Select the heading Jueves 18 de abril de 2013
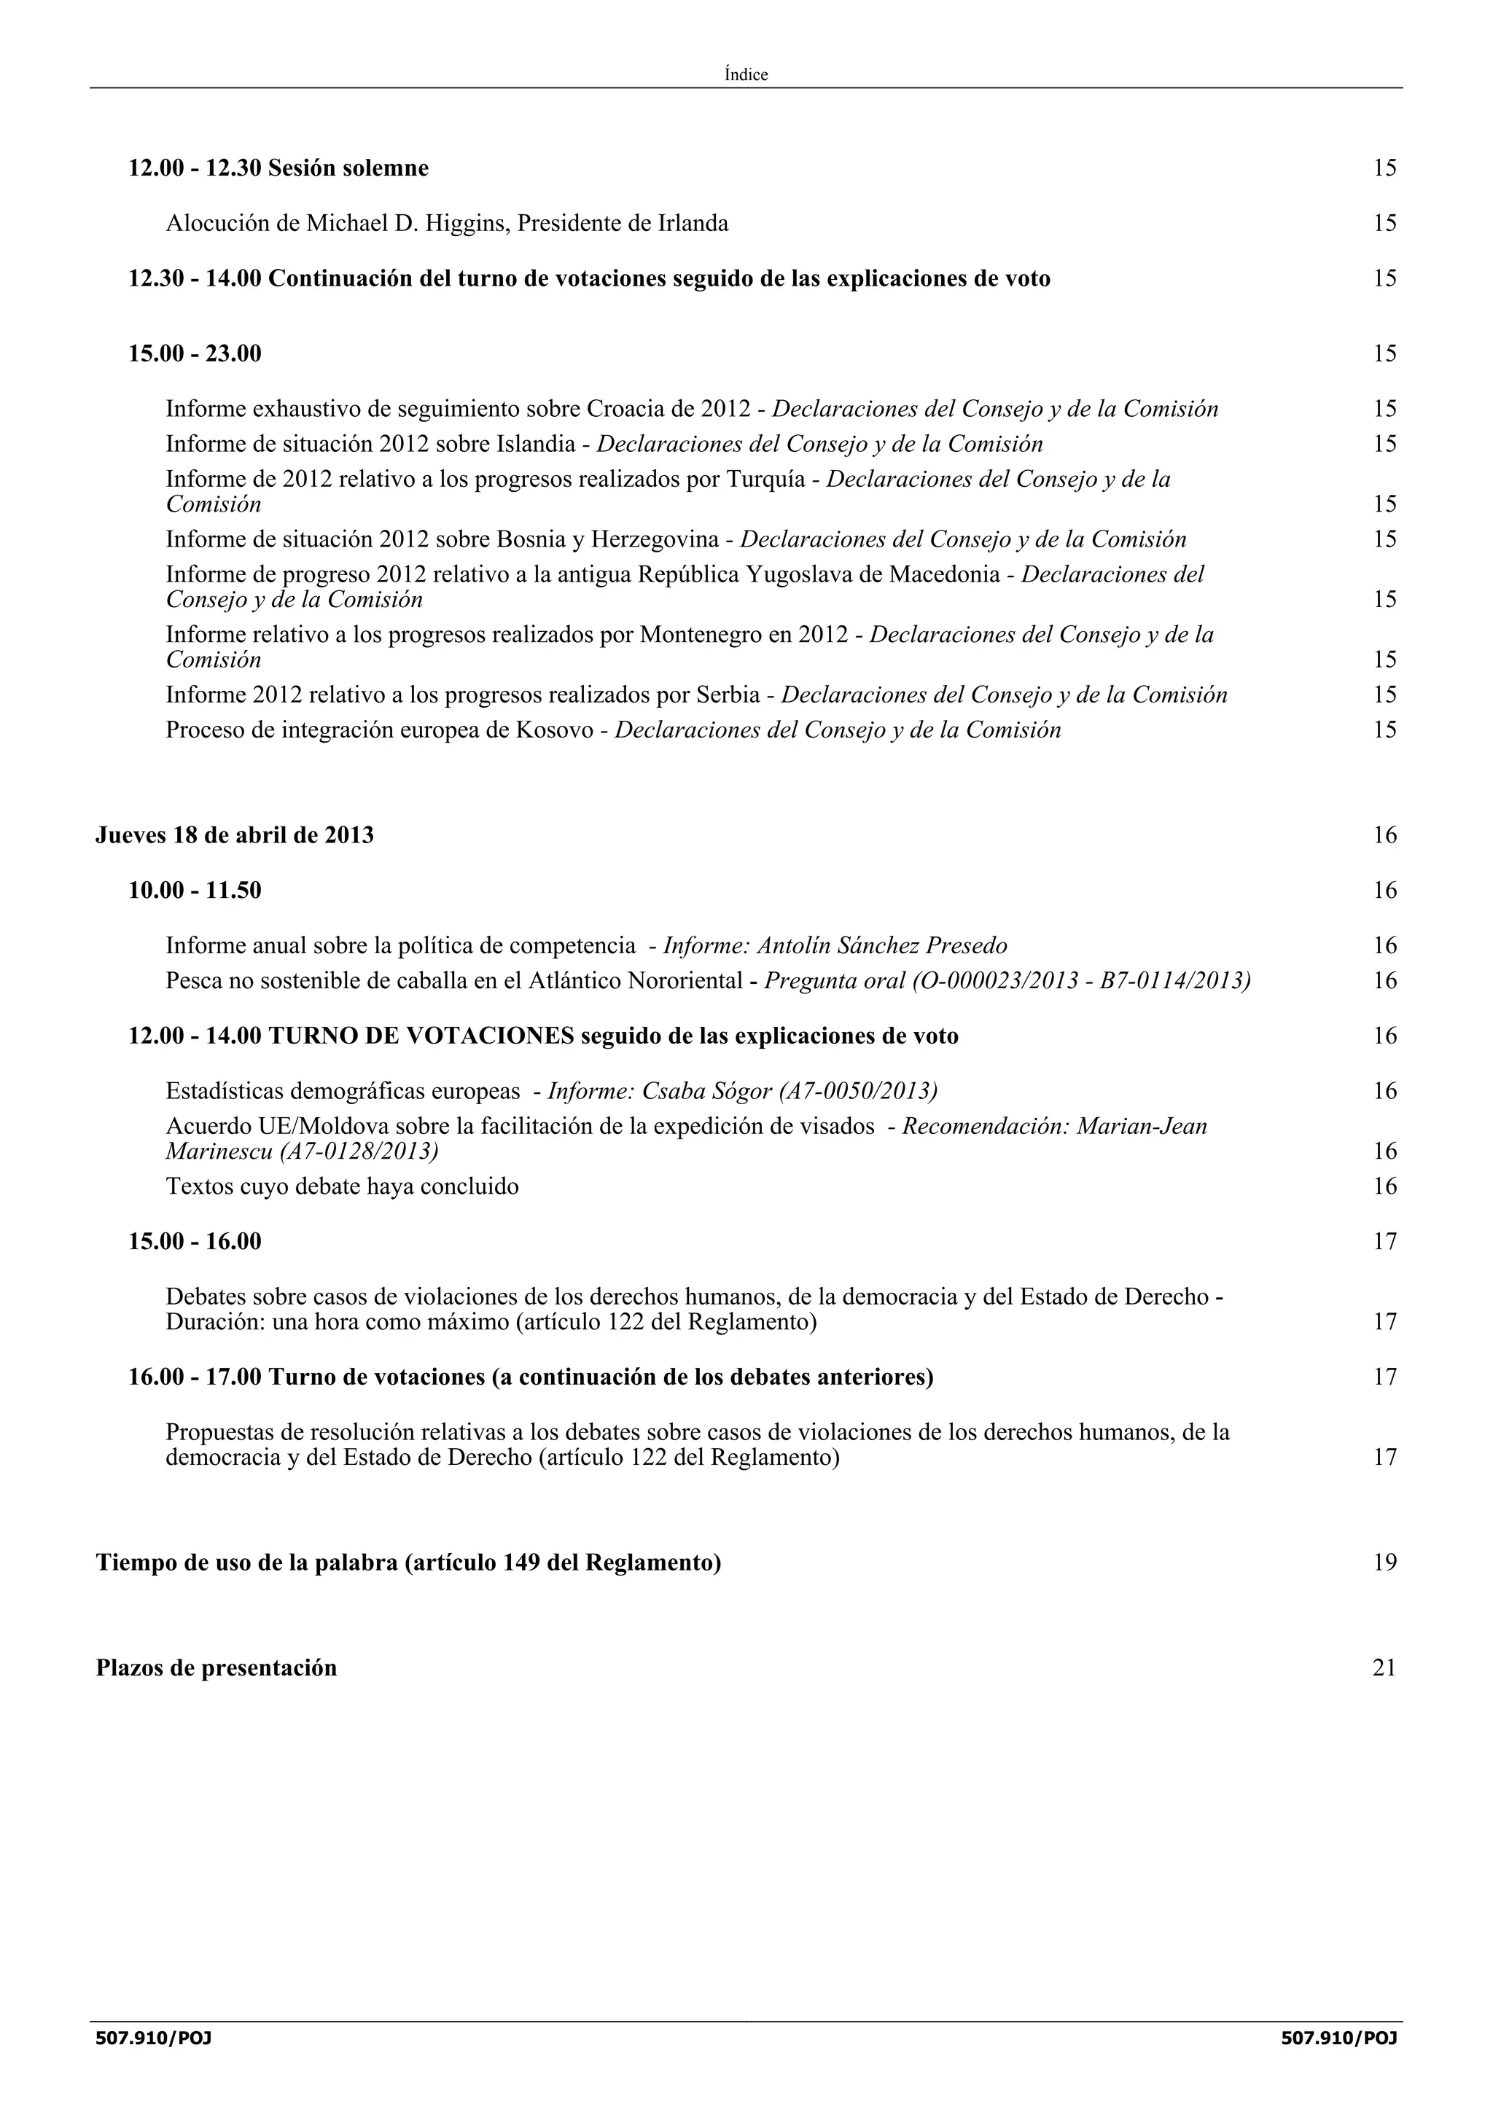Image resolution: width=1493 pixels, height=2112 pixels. tap(235, 835)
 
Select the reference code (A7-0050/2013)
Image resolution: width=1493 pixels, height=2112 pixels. tap(857, 1091)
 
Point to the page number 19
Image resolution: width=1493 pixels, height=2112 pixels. tap(1384, 1562)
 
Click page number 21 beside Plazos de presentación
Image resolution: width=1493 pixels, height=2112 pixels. tap(1384, 1667)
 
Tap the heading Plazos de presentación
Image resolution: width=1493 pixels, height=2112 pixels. tap(217, 1667)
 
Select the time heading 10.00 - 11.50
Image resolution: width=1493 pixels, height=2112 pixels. tap(195, 891)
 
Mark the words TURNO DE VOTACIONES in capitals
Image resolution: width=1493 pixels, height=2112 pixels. tap(421, 1036)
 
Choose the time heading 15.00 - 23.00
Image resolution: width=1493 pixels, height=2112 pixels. tap(195, 354)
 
